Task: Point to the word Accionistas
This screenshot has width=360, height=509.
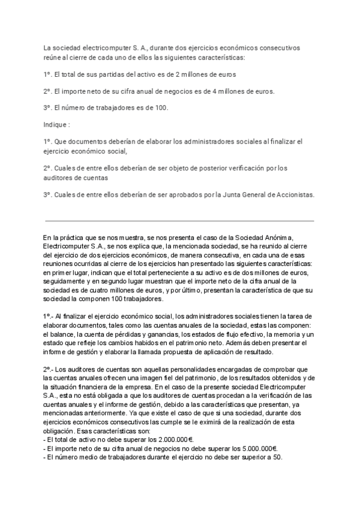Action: coord(293,195)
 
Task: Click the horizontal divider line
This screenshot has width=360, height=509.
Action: coord(179,220)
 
